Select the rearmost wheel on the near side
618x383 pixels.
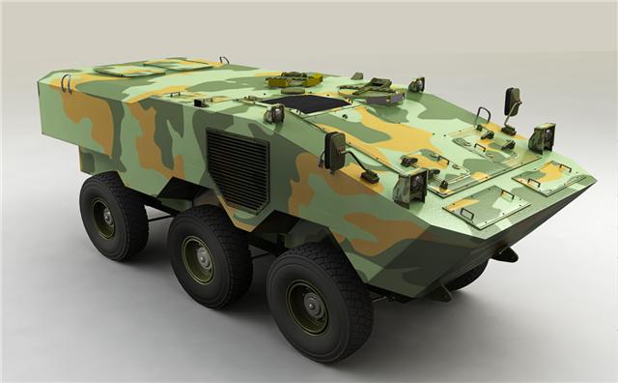113,217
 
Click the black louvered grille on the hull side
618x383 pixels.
238,169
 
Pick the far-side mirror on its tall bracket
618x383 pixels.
512,101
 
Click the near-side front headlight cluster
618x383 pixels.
411,186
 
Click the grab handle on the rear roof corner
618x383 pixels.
67,82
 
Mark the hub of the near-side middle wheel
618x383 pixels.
199,260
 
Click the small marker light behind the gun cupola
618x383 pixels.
416,84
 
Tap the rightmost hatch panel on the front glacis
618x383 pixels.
545,177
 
